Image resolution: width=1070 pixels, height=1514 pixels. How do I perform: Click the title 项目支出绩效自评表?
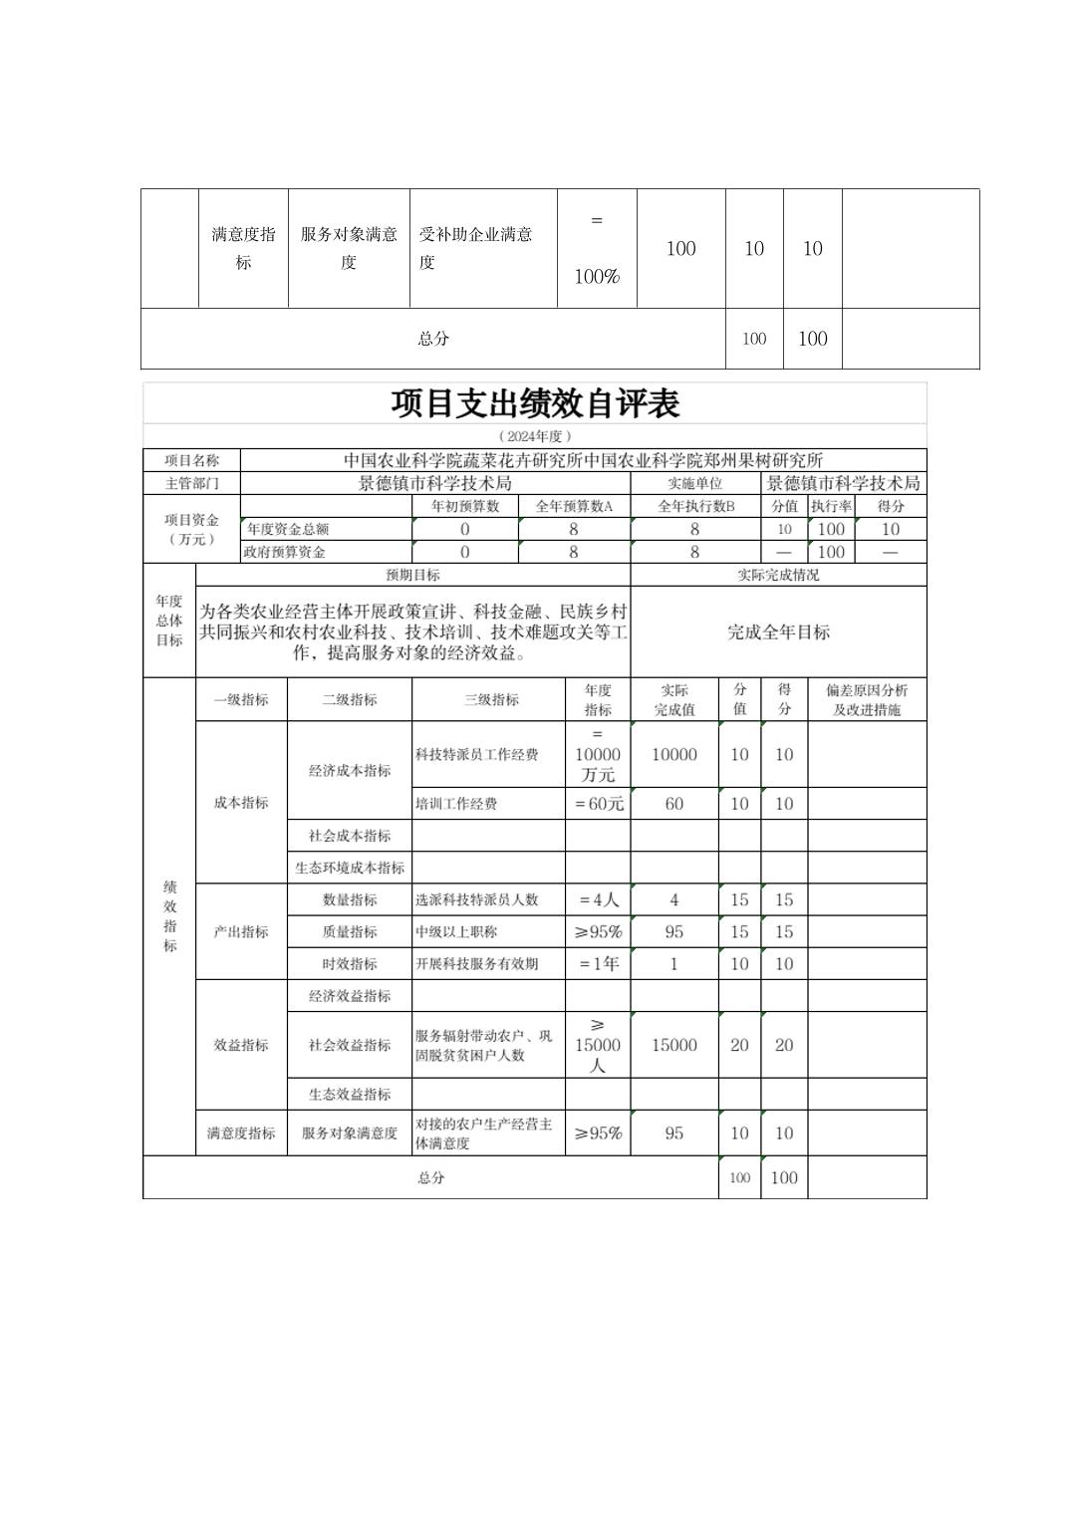[x=534, y=403]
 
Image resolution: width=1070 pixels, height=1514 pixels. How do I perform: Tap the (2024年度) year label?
[x=534, y=436]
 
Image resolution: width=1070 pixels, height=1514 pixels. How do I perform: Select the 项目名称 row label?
[x=191, y=460]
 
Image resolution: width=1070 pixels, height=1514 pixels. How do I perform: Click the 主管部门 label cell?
[x=191, y=483]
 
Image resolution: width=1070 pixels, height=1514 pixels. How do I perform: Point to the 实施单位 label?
[x=694, y=483]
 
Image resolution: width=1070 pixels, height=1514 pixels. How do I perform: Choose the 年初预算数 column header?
[x=464, y=506]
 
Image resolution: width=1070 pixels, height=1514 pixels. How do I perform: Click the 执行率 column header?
[x=830, y=506]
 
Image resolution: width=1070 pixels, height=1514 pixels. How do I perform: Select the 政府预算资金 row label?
[x=285, y=552]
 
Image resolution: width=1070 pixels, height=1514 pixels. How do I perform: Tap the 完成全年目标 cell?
[x=778, y=631]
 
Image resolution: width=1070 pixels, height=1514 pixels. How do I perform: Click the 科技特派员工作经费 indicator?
[x=476, y=754]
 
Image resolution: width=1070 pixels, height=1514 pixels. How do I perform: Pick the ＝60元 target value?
[x=598, y=804]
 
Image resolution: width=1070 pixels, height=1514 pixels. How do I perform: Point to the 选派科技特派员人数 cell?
[x=476, y=899]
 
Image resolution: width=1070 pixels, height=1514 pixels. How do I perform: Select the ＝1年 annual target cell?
[x=598, y=963]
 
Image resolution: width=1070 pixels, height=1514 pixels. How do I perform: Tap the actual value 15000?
[x=673, y=1045]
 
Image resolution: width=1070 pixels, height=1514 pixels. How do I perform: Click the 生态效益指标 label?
[x=350, y=1094]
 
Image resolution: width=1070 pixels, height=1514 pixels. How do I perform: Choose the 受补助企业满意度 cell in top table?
[x=475, y=248]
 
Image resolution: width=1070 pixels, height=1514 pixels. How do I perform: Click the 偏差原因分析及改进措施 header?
[x=866, y=699]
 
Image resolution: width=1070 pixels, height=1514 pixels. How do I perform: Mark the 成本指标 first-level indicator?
[x=241, y=802]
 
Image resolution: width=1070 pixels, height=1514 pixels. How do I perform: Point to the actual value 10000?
[x=673, y=754]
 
